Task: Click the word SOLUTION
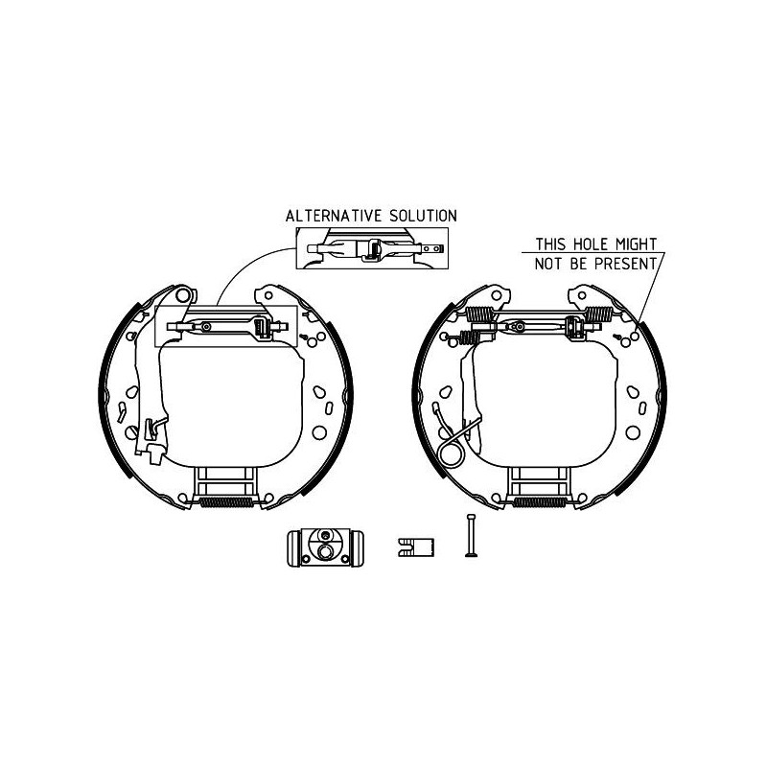(423, 216)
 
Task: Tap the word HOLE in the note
(583, 244)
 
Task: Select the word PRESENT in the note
(626, 264)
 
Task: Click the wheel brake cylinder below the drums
(325, 548)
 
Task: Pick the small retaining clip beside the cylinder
(416, 546)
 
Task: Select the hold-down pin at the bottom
(471, 535)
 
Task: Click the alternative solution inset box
(372, 248)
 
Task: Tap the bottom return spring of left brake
(227, 502)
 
